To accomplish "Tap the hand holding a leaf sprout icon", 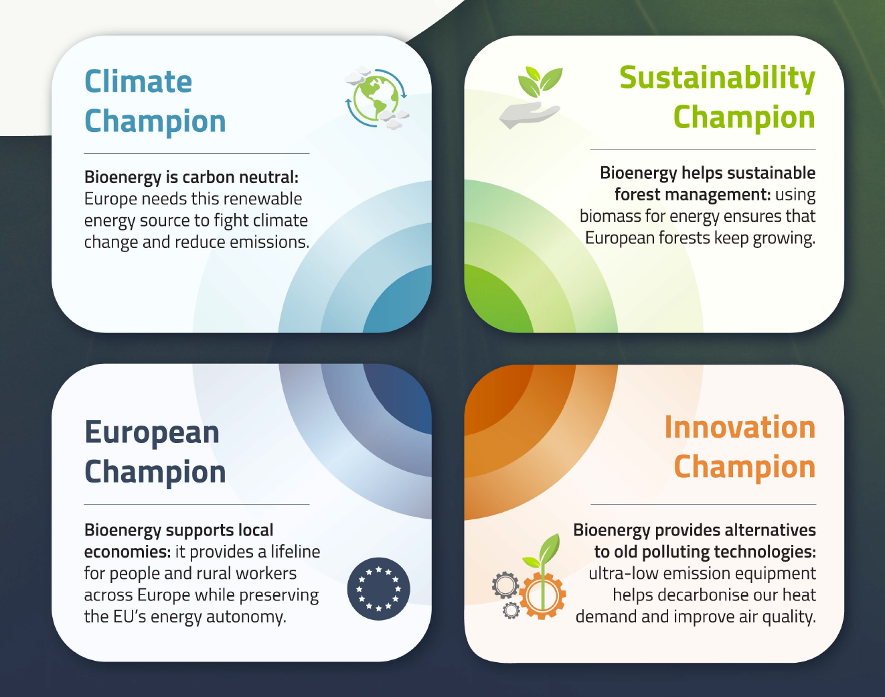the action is tap(530, 98).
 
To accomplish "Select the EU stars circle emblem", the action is tap(378, 588).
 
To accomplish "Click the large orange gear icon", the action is tap(542, 596).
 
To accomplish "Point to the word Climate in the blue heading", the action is tap(138, 82).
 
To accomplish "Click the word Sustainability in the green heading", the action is tap(717, 78).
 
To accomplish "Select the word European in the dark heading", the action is tap(152, 434).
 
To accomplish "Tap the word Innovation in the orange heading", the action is tap(740, 428).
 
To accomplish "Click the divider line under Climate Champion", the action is tap(197, 153).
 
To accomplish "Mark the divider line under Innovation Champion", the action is tap(703, 504).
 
